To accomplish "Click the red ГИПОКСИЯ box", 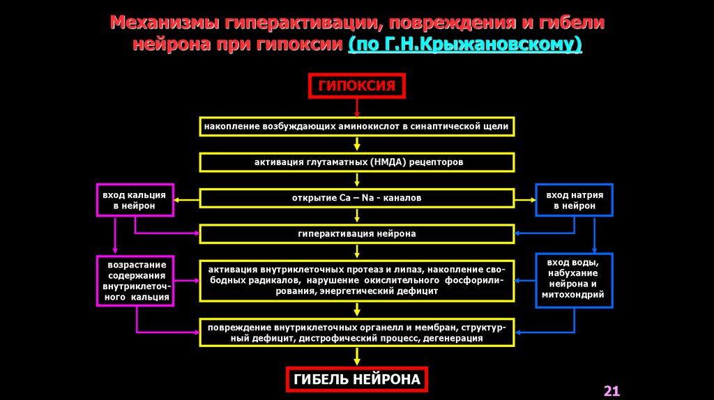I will [356, 86].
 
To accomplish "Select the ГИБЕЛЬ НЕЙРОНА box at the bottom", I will [356, 380].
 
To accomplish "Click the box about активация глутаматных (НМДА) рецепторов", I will [357, 162].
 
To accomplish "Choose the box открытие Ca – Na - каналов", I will [357, 198].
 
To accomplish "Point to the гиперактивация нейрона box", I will [357, 234].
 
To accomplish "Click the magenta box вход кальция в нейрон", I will [134, 199].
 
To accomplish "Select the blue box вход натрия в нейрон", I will [575, 199].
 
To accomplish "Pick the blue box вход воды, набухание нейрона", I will [575, 279].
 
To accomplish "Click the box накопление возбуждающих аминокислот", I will [357, 126].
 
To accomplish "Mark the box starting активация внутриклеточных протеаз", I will [357, 280].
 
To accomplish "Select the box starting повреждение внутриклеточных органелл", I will [357, 332].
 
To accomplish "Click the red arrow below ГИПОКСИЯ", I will [357, 107].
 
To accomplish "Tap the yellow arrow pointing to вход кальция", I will [187, 199].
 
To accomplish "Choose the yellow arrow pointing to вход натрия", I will [525, 199].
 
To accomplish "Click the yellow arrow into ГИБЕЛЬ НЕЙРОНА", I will [357, 357].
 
